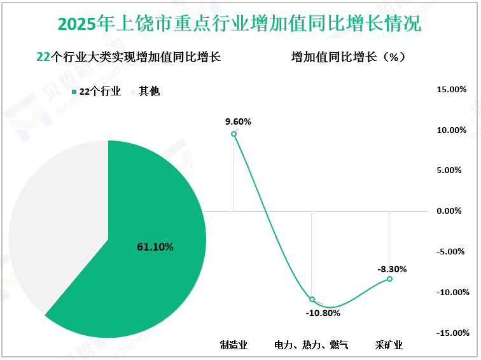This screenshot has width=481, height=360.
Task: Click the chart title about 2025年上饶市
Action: [x=239, y=24]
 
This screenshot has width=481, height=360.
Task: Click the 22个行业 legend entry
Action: [x=95, y=92]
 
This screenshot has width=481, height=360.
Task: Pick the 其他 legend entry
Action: [x=144, y=92]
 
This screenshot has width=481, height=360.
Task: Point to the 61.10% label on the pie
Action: [x=155, y=247]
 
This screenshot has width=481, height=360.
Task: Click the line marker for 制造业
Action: [x=234, y=133]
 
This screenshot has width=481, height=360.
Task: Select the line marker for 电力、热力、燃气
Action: [x=312, y=299]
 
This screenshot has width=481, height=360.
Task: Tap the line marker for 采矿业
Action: [x=389, y=279]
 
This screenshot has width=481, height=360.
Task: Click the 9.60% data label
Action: [x=239, y=121]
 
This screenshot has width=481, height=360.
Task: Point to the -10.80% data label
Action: [x=323, y=313]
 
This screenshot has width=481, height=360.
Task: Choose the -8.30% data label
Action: [x=392, y=269]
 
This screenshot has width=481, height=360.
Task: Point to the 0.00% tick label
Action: [x=453, y=211]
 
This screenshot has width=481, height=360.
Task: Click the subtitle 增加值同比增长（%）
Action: [x=348, y=57]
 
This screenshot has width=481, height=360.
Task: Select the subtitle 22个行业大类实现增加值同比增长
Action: [x=129, y=57]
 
